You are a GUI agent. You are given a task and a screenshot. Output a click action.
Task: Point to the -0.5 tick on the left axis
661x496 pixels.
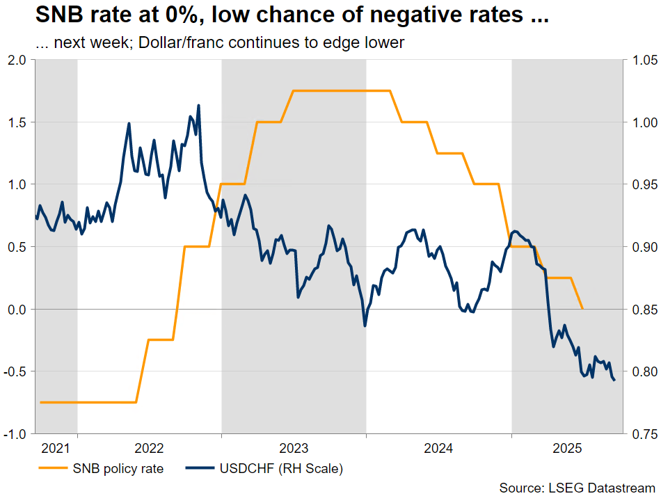(15, 371)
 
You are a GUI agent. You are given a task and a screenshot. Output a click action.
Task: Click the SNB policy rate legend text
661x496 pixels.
(118, 468)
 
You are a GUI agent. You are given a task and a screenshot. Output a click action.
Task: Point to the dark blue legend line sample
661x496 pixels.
(201, 468)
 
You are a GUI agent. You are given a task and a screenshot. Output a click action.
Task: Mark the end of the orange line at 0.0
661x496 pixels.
(582, 308)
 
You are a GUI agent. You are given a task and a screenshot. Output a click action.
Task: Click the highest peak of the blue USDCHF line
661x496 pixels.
(199, 106)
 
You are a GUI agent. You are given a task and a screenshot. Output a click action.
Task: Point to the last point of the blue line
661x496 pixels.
(614, 380)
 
